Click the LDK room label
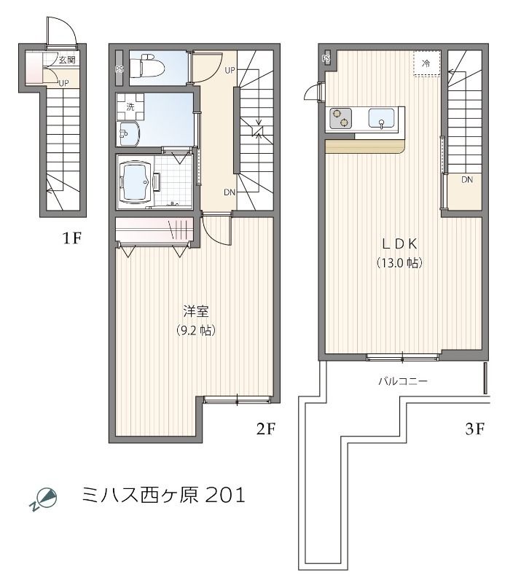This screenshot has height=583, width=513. coord(399,243)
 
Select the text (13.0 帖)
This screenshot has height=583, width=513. coord(399,262)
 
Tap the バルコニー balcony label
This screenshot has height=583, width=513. coord(402,381)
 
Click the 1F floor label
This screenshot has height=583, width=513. coord(71,238)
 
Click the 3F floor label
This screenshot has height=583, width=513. coord(474,429)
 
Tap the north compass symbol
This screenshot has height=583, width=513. coord(44,498)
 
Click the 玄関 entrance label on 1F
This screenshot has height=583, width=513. coord(67,60)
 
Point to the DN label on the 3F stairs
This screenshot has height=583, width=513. coord(466,179)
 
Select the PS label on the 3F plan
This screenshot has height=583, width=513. coord(326,58)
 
